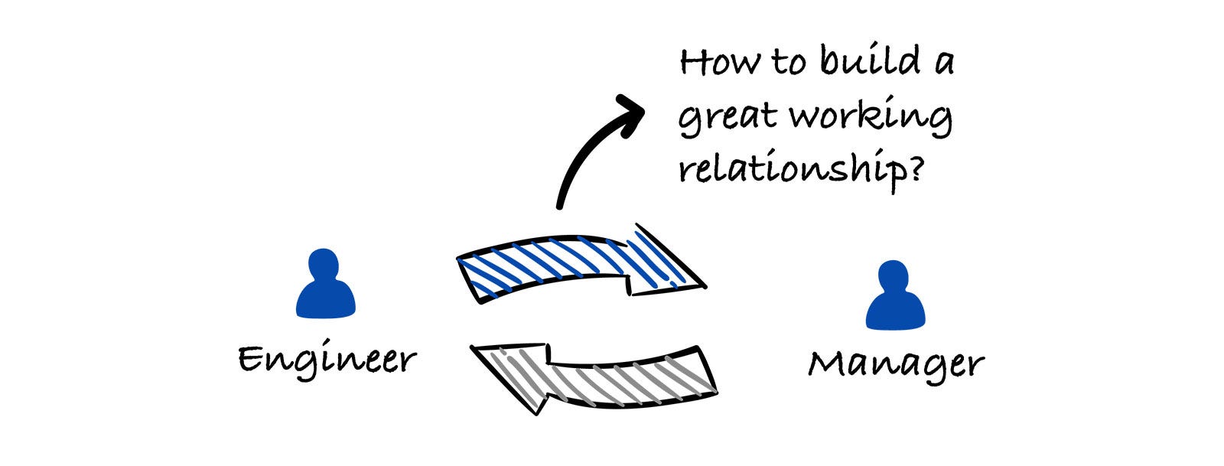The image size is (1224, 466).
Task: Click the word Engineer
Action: pos(327,359)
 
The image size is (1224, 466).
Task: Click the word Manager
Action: pos(896,363)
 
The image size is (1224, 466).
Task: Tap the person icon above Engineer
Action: pos(326,283)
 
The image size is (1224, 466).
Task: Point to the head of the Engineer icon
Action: pos(325,264)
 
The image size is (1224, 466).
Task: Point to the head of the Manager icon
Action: pos(894,276)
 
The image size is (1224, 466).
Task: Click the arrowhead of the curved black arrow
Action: pos(631,112)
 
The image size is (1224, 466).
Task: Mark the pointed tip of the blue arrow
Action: pos(703,287)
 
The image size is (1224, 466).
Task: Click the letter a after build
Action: pos(942,63)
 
